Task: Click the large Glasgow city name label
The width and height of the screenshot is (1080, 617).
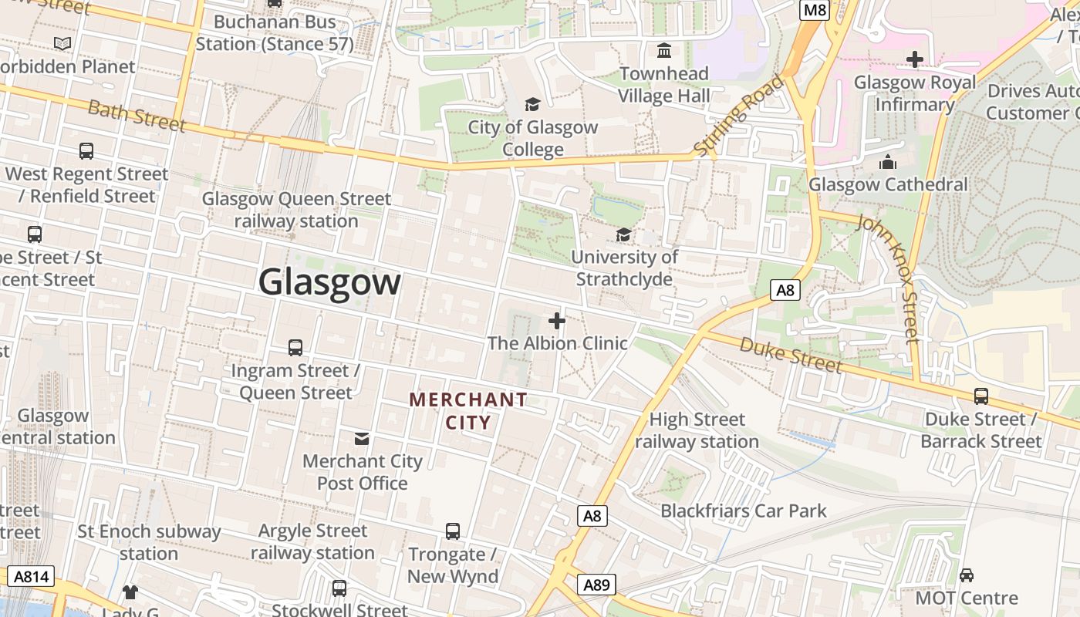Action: click(x=329, y=282)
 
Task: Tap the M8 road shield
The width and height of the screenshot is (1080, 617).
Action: click(x=815, y=10)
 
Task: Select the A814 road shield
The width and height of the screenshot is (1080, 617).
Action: click(x=31, y=576)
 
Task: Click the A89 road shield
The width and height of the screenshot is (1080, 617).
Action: click(x=596, y=585)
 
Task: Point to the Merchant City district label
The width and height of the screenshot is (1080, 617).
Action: click(x=468, y=411)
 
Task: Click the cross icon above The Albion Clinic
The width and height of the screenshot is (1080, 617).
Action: click(x=557, y=321)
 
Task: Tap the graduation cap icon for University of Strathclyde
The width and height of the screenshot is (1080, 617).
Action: click(x=623, y=234)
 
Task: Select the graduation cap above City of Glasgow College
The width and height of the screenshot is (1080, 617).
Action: click(x=532, y=104)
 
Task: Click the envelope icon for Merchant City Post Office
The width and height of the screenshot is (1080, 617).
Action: click(x=361, y=439)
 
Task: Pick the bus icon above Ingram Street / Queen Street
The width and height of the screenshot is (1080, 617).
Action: click(x=295, y=348)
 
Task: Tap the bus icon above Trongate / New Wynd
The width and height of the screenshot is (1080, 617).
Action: click(x=453, y=531)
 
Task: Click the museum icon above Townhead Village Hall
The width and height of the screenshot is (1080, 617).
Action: click(x=663, y=51)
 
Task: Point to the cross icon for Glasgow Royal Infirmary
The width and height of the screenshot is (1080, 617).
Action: click(x=915, y=59)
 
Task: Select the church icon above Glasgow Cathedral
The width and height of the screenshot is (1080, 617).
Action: click(x=888, y=162)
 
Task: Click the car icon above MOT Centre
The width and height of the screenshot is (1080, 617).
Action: click(x=967, y=575)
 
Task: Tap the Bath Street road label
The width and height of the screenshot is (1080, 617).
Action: click(x=137, y=116)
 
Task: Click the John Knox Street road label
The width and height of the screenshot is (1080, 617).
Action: click(x=889, y=278)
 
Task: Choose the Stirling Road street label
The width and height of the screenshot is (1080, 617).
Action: click(x=738, y=116)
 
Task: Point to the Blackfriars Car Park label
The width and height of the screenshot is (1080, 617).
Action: click(x=744, y=511)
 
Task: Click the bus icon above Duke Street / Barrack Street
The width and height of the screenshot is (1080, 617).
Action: click(x=981, y=396)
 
